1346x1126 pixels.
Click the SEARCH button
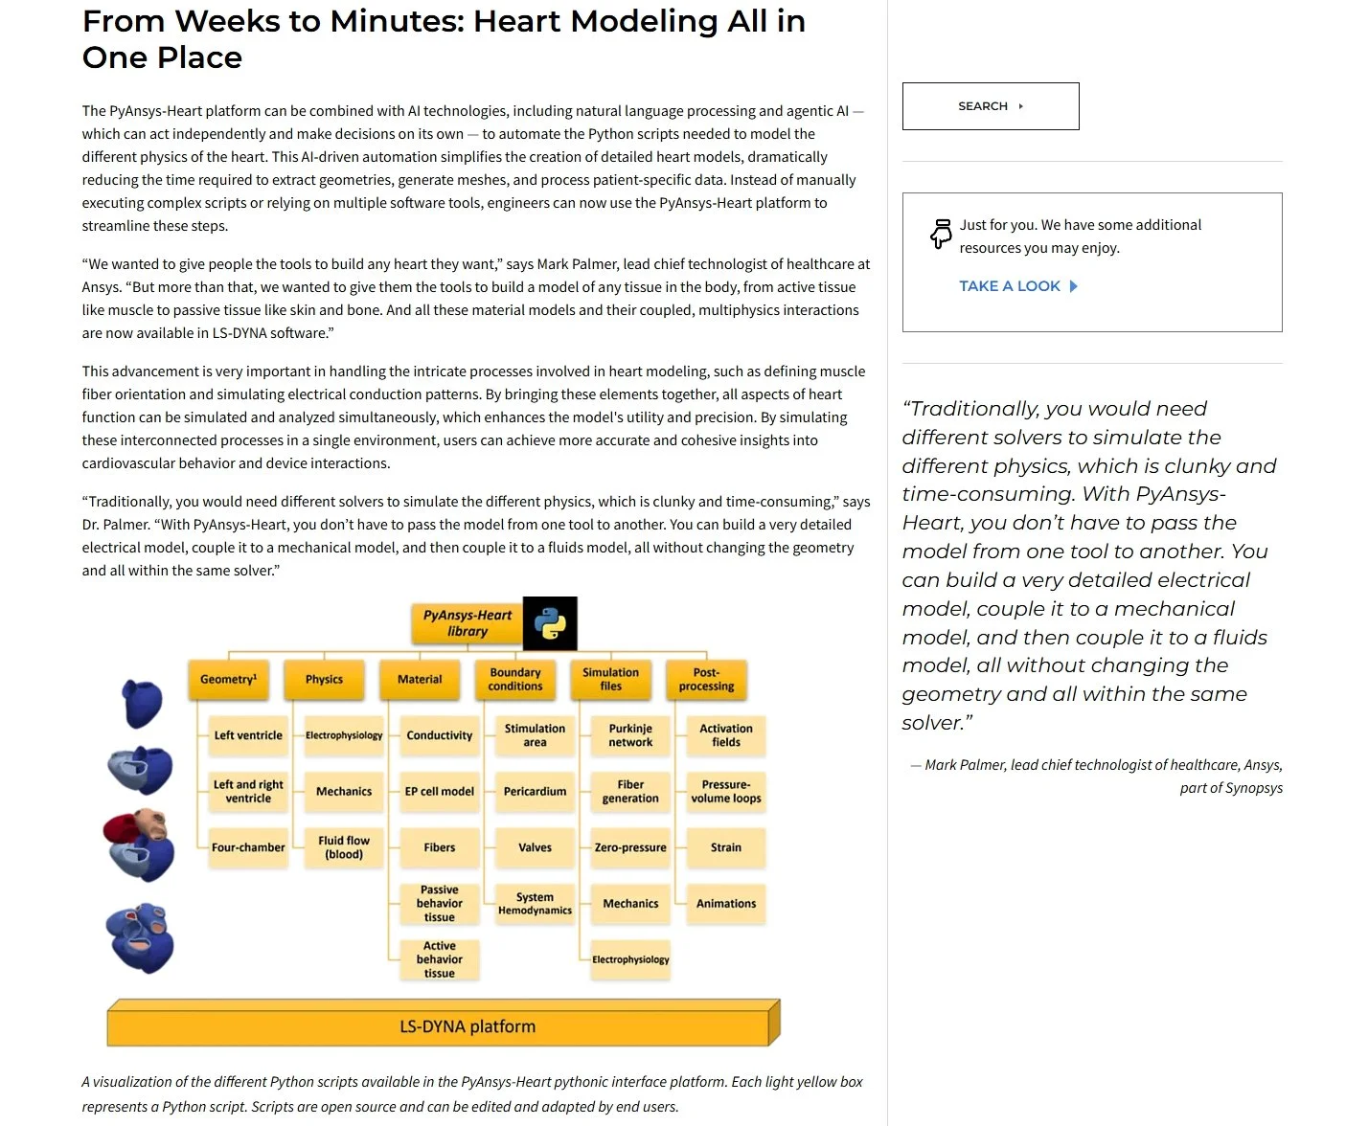point(991,106)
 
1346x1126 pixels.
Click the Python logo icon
point(550,623)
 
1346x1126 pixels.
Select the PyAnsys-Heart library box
point(468,623)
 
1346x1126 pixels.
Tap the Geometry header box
point(228,679)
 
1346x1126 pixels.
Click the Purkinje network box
point(630,735)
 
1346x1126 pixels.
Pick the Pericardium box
point(535,792)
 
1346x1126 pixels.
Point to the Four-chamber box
point(248,847)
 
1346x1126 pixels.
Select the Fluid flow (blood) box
point(344,847)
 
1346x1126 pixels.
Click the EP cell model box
point(440,792)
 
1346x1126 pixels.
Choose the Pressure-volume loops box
point(726,792)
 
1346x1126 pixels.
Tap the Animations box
point(726,904)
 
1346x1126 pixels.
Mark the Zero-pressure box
point(630,847)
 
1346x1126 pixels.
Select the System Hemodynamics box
point(535,904)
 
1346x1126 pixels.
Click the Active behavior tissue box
point(440,959)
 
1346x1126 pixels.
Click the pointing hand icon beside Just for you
point(941,234)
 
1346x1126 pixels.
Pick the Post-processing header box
point(707,679)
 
